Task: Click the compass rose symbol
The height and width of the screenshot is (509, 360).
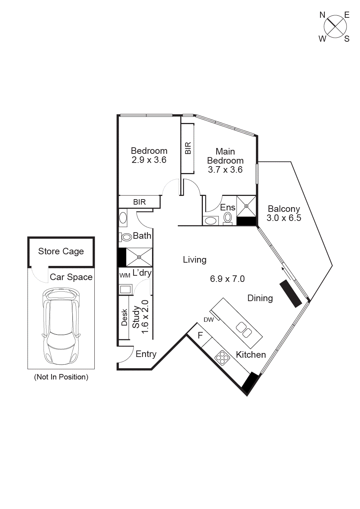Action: (335, 26)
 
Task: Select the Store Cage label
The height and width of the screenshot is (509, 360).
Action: (61, 251)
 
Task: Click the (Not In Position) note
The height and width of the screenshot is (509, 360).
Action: (61, 377)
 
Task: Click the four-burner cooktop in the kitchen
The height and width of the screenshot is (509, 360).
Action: (222, 358)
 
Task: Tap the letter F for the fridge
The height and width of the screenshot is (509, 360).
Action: (200, 336)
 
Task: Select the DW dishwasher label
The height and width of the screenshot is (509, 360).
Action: (209, 320)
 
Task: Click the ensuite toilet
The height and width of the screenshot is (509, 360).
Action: (228, 217)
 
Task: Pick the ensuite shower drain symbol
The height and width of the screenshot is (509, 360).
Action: (246, 206)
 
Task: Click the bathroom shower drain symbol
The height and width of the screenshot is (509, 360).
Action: (139, 257)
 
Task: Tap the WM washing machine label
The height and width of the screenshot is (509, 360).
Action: (124, 275)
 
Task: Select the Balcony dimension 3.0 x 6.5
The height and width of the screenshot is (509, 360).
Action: (284, 218)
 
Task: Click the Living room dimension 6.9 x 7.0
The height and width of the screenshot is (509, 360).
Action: (227, 279)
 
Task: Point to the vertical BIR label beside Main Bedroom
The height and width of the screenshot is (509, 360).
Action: (188, 148)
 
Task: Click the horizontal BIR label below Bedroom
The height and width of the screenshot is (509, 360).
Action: (139, 202)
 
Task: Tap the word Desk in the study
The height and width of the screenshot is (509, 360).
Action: (124, 317)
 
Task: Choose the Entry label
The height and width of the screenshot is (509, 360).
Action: (146, 354)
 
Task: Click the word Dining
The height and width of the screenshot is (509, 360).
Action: (260, 298)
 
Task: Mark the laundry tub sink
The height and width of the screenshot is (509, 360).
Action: (125, 290)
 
